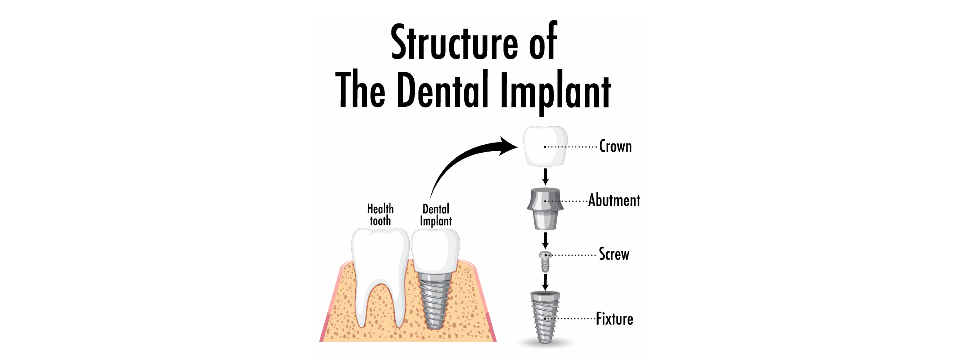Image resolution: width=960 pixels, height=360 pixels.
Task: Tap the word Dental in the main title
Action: (443, 90)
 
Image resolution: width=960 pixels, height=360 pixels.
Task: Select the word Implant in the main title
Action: (555, 91)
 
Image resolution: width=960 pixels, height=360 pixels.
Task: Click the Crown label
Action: (615, 146)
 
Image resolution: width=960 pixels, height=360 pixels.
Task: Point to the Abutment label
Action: (614, 200)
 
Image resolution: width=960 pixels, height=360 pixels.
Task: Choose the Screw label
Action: (614, 254)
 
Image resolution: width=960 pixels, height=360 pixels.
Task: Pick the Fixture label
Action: (614, 319)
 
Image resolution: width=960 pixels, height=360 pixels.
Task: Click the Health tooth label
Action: (380, 215)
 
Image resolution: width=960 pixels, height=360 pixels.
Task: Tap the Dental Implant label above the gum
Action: (436, 215)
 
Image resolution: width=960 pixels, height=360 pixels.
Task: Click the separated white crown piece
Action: (545, 146)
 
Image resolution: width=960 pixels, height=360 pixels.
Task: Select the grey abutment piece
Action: (545, 208)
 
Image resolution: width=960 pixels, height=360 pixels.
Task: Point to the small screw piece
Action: (545, 261)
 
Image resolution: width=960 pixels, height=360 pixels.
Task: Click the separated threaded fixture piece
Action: (545, 317)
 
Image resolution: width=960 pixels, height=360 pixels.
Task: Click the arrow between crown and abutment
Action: (545, 177)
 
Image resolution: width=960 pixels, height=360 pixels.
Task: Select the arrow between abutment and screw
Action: (545, 240)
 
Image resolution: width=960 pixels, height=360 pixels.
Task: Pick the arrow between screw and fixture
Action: (545, 282)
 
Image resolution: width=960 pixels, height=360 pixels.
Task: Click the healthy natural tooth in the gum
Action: (380, 270)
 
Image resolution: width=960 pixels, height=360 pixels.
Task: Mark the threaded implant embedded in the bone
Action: (434, 302)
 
